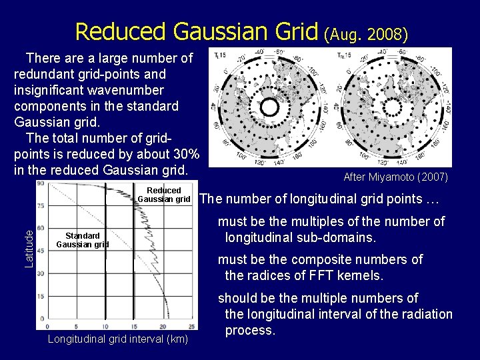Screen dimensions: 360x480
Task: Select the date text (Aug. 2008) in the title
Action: tap(366, 33)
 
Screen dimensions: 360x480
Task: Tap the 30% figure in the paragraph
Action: tap(185, 154)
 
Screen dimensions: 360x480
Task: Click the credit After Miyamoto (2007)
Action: tap(395, 177)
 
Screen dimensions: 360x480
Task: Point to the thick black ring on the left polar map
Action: tap(269, 107)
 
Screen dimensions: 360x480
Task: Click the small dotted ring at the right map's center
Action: tap(394, 107)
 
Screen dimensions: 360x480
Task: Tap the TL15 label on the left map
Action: tap(219, 55)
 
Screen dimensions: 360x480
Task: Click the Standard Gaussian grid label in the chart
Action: tap(83, 240)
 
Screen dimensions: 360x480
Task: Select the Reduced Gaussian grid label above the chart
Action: tap(164, 195)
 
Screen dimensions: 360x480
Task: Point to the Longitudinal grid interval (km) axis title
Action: tap(118, 340)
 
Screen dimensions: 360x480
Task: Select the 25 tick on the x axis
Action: tap(192, 326)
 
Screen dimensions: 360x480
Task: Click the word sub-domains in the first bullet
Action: tap(344, 237)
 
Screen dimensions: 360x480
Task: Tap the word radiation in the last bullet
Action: tap(423, 314)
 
